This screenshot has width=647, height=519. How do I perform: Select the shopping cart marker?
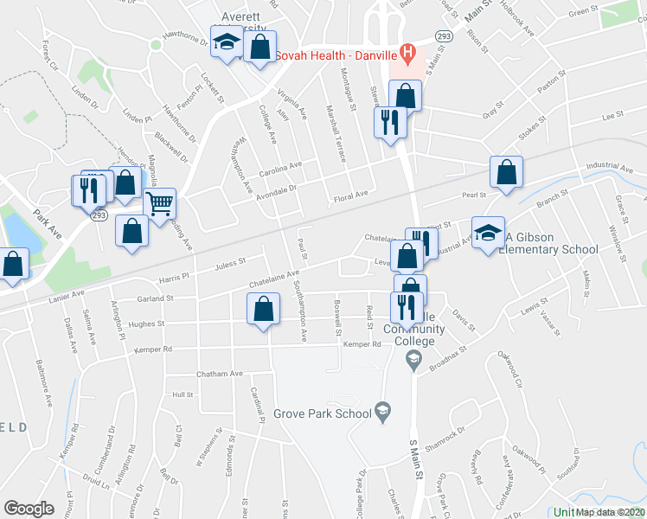click(159, 204)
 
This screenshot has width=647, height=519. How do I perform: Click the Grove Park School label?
click(323, 413)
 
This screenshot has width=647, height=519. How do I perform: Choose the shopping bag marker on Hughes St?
click(264, 309)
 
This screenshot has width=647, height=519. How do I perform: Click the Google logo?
click(29, 508)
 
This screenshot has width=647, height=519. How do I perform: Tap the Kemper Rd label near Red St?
click(362, 344)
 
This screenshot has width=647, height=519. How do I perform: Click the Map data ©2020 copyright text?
click(611, 512)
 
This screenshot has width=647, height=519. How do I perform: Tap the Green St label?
click(583, 11)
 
